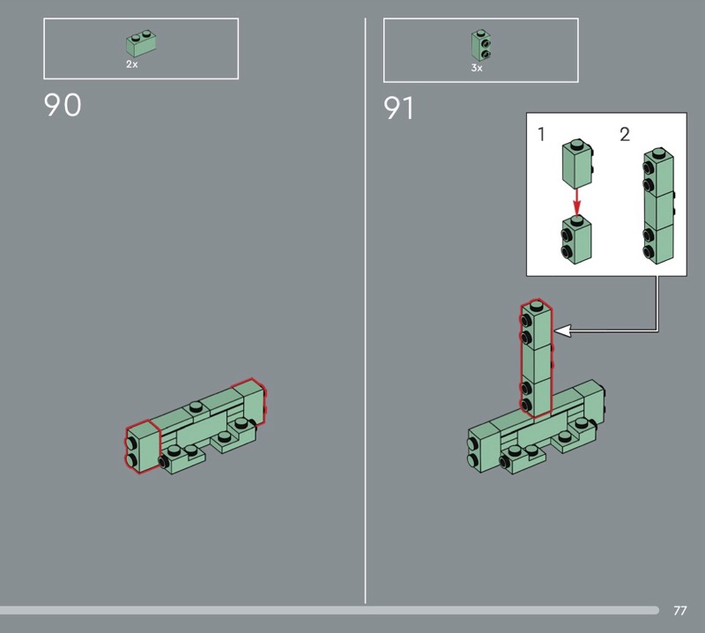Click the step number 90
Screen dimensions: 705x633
point(63,105)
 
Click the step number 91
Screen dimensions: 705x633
point(398,108)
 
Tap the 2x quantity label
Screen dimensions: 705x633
point(131,64)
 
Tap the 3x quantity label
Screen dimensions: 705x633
point(477,68)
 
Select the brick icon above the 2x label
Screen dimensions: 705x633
point(141,43)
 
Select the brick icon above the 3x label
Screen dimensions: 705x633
point(481,46)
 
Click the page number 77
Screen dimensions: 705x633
point(679,610)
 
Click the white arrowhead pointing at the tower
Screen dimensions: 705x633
point(562,331)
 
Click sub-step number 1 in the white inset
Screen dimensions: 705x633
point(541,134)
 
